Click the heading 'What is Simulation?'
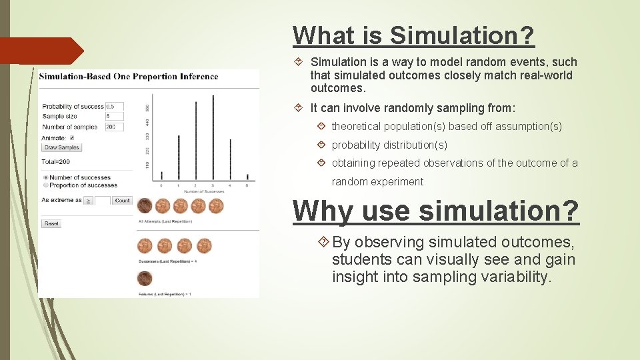tap(413, 35)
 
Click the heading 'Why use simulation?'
tap(436, 211)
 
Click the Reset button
tap(51, 223)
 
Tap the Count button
tap(122, 200)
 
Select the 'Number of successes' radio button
tap(45, 177)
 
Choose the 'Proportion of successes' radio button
tap(45, 185)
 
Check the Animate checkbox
tap(72, 138)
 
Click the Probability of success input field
tap(114, 107)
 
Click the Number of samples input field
tap(114, 127)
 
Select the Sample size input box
tap(114, 117)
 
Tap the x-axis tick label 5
tap(247, 185)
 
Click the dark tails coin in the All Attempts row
tap(145, 205)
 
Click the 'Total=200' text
tap(56, 161)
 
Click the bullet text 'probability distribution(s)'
tap(389, 145)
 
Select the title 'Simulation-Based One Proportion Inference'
tap(129, 76)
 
